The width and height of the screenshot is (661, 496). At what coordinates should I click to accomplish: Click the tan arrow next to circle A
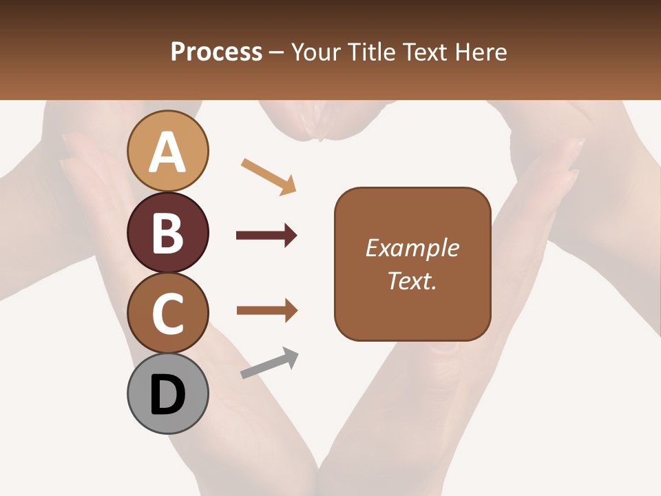point(268,176)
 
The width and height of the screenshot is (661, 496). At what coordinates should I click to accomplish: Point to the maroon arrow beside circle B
point(266,236)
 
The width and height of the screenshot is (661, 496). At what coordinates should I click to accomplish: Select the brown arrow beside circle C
point(266,311)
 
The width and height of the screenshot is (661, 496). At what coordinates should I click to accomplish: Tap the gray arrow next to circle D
point(269,363)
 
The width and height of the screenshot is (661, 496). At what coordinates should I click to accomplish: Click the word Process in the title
point(216,52)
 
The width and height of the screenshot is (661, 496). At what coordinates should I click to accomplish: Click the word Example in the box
point(412,248)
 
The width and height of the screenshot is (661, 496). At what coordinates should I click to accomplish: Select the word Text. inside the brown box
point(412,281)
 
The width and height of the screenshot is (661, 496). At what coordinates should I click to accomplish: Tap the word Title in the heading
point(371,52)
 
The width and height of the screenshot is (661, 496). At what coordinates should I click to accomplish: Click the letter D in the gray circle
point(167,395)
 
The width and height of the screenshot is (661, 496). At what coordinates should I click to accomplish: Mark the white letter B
point(167,233)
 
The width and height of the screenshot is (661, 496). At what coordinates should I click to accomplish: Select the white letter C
point(167,314)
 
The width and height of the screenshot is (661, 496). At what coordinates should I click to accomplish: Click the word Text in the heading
point(424,52)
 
